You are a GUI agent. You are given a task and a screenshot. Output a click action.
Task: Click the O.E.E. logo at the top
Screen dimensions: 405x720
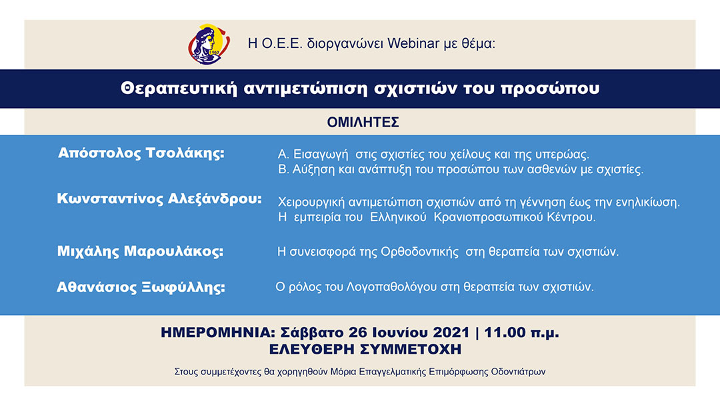pyautogui.click(x=209, y=44)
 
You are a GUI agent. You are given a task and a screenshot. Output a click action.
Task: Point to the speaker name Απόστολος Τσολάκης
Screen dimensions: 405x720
pyautogui.click(x=141, y=153)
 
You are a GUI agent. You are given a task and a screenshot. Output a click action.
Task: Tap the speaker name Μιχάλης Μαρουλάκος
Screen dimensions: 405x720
pyautogui.click(x=140, y=252)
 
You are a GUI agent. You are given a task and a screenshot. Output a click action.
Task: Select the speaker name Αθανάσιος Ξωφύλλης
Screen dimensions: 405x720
pyautogui.click(x=141, y=288)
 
